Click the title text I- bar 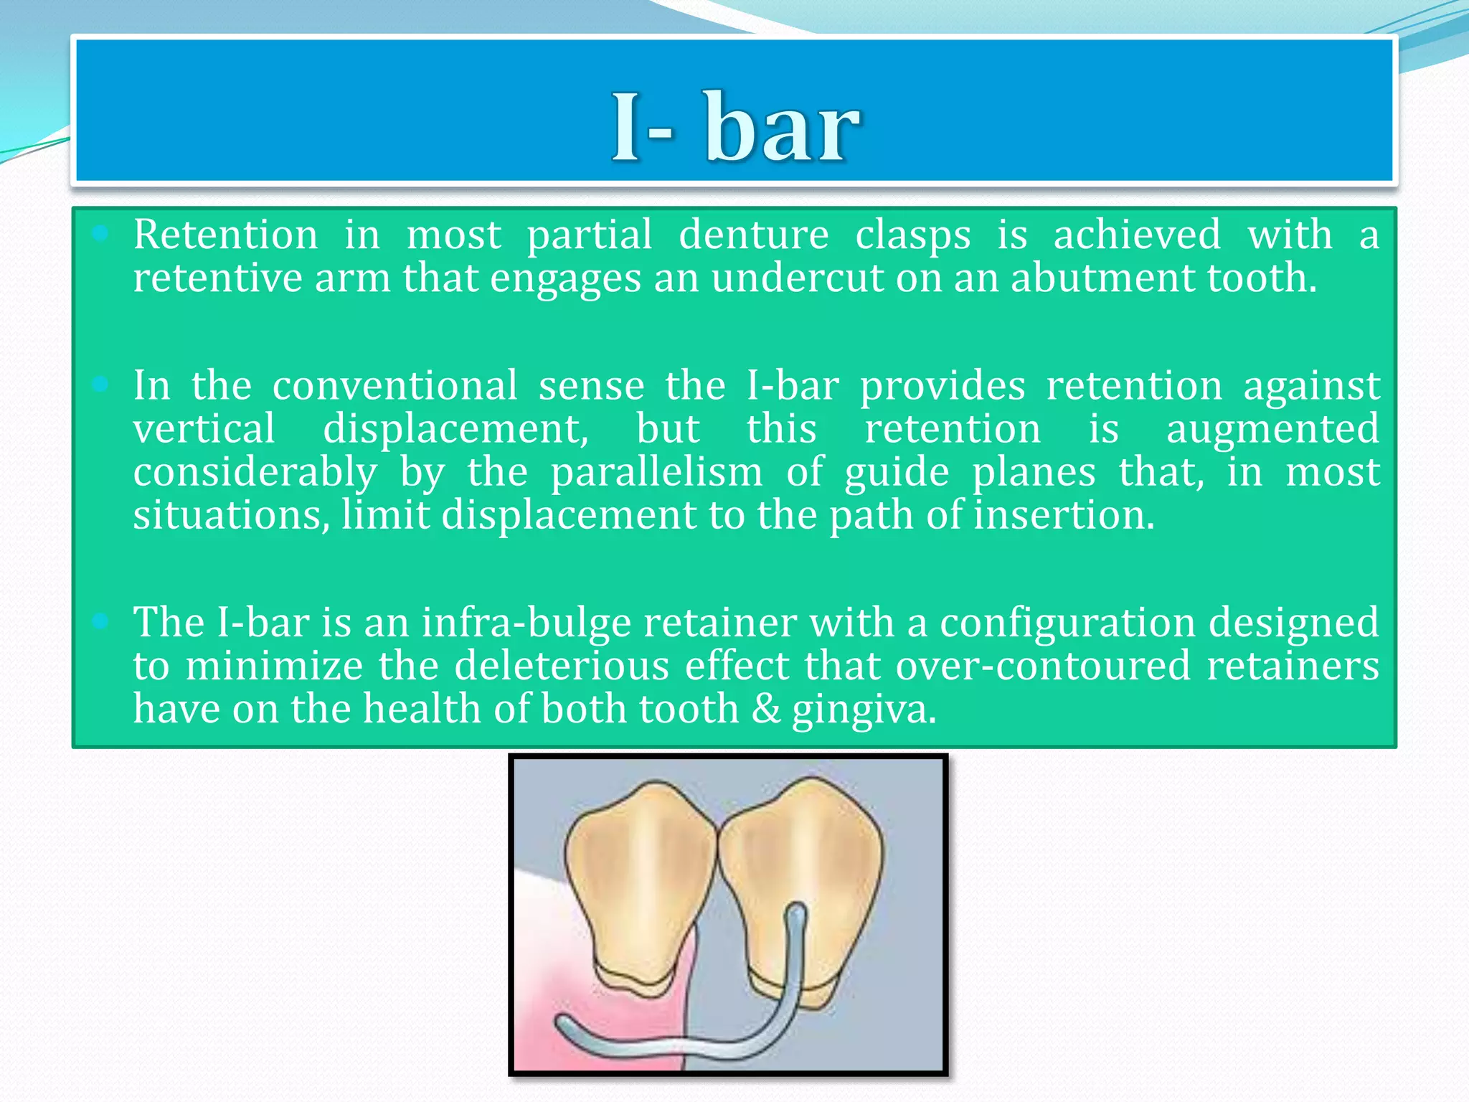point(734,128)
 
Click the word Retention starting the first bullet point(225,235)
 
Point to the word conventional point(395,386)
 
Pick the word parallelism point(656,473)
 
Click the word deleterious point(562,666)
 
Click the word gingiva point(864,710)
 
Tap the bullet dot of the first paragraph point(100,233)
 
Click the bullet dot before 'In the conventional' point(100,385)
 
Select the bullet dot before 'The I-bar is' point(100,621)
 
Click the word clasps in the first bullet point(912,235)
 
